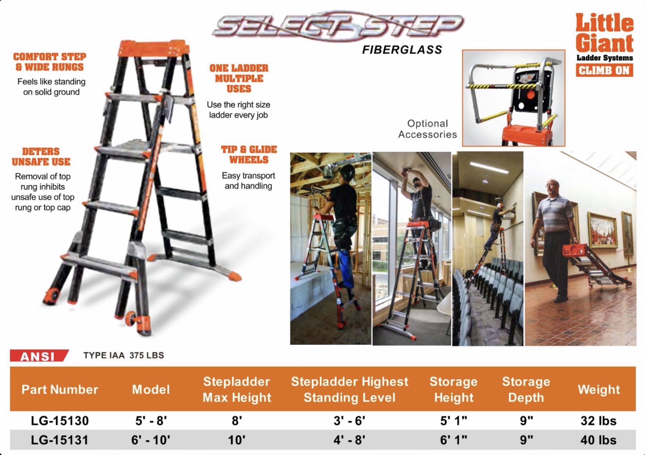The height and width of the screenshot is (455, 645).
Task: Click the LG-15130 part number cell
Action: (x=60, y=421)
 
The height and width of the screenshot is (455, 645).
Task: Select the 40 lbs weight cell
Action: (x=599, y=440)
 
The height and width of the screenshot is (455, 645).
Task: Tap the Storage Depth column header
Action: (x=526, y=389)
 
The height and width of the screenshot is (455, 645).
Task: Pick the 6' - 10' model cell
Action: (x=151, y=440)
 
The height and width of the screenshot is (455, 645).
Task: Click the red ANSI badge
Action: (x=39, y=356)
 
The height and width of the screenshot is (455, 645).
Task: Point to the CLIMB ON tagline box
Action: (x=604, y=70)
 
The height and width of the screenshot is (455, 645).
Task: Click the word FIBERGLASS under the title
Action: (x=402, y=50)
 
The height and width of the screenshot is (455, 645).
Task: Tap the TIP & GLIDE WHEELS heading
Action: (x=249, y=155)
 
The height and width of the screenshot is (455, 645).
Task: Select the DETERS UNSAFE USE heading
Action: (x=41, y=157)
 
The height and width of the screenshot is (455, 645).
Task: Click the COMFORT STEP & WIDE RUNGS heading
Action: (x=50, y=62)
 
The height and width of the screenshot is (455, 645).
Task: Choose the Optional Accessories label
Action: (x=428, y=129)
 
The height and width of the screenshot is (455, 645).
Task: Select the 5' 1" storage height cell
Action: (x=453, y=421)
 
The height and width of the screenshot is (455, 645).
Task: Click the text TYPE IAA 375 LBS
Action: (x=124, y=355)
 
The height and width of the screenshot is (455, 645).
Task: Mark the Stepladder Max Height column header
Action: (x=237, y=389)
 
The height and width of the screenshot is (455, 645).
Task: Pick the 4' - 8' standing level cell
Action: (x=349, y=440)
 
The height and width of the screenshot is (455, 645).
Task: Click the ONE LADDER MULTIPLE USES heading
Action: (x=239, y=78)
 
